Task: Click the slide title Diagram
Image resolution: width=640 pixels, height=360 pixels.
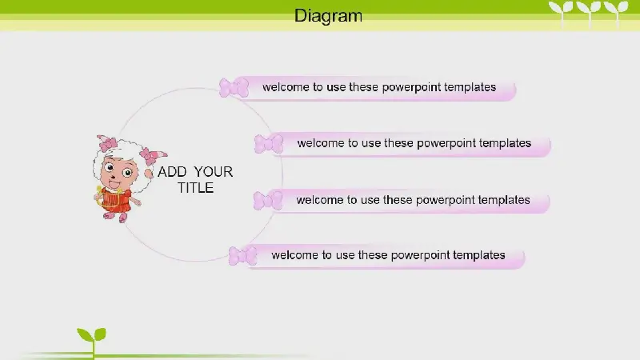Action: [x=328, y=16]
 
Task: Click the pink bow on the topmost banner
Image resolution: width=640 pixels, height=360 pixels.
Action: [x=234, y=87]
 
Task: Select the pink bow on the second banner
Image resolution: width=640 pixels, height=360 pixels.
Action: [x=269, y=144]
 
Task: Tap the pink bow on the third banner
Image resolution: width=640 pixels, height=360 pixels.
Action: [x=268, y=201]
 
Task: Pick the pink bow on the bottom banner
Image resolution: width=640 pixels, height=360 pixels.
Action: [x=243, y=256]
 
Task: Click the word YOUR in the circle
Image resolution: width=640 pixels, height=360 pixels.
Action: [x=213, y=172]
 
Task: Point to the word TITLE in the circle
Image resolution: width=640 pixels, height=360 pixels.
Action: [x=195, y=188]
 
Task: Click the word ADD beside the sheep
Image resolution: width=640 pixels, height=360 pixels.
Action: [x=172, y=172]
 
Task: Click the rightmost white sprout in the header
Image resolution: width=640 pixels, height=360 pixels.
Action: [x=616, y=12]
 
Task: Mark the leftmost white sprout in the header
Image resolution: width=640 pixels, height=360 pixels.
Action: [x=562, y=12]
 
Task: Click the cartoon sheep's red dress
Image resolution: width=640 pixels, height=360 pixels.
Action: [x=115, y=200]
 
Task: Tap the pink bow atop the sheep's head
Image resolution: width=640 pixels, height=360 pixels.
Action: [x=107, y=143]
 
